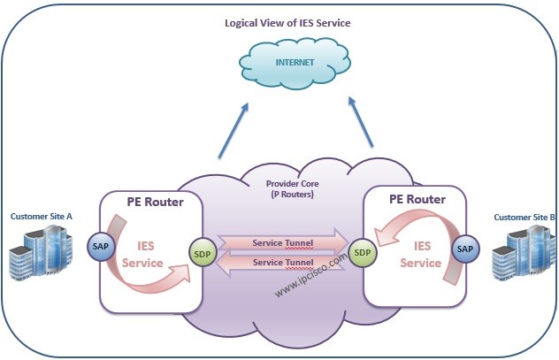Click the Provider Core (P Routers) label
pyautogui.click(x=292, y=188)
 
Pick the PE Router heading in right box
pyautogui.click(x=417, y=199)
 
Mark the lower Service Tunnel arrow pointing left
pyautogui.click(x=280, y=263)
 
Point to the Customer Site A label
pyautogui.click(x=40, y=217)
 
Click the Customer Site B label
pyautogui.click(x=525, y=217)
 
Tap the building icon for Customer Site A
pyautogui.click(x=40, y=252)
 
